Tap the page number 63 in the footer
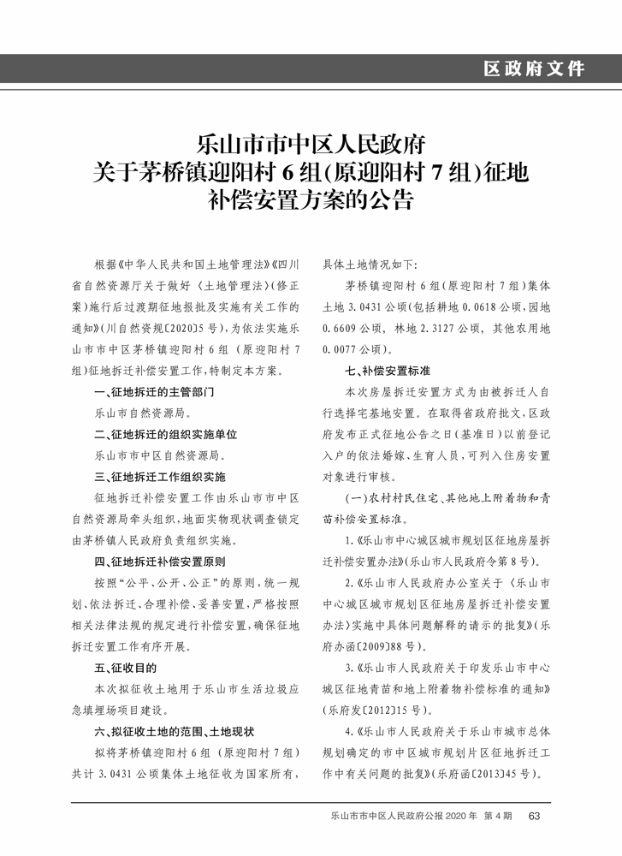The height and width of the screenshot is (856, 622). pos(535,816)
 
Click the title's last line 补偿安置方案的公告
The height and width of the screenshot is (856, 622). pos(311,202)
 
